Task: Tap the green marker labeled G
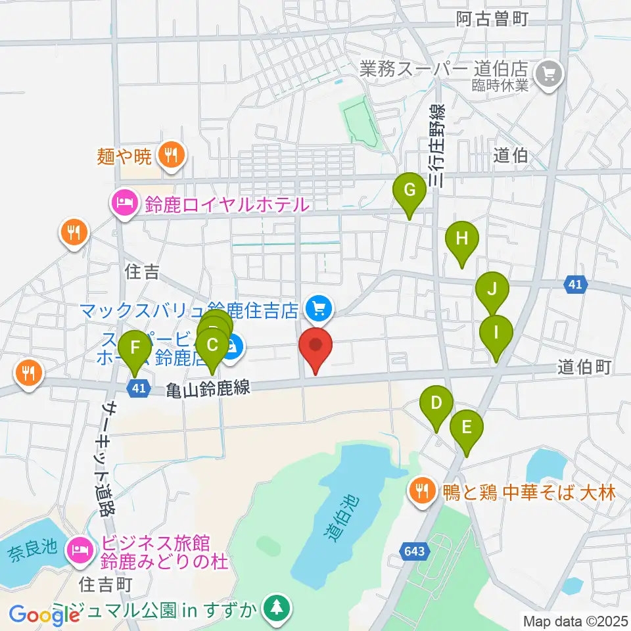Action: (409, 191)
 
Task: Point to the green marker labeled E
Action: (467, 429)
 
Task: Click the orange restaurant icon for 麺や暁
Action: (172, 156)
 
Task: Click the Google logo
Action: (43, 615)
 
